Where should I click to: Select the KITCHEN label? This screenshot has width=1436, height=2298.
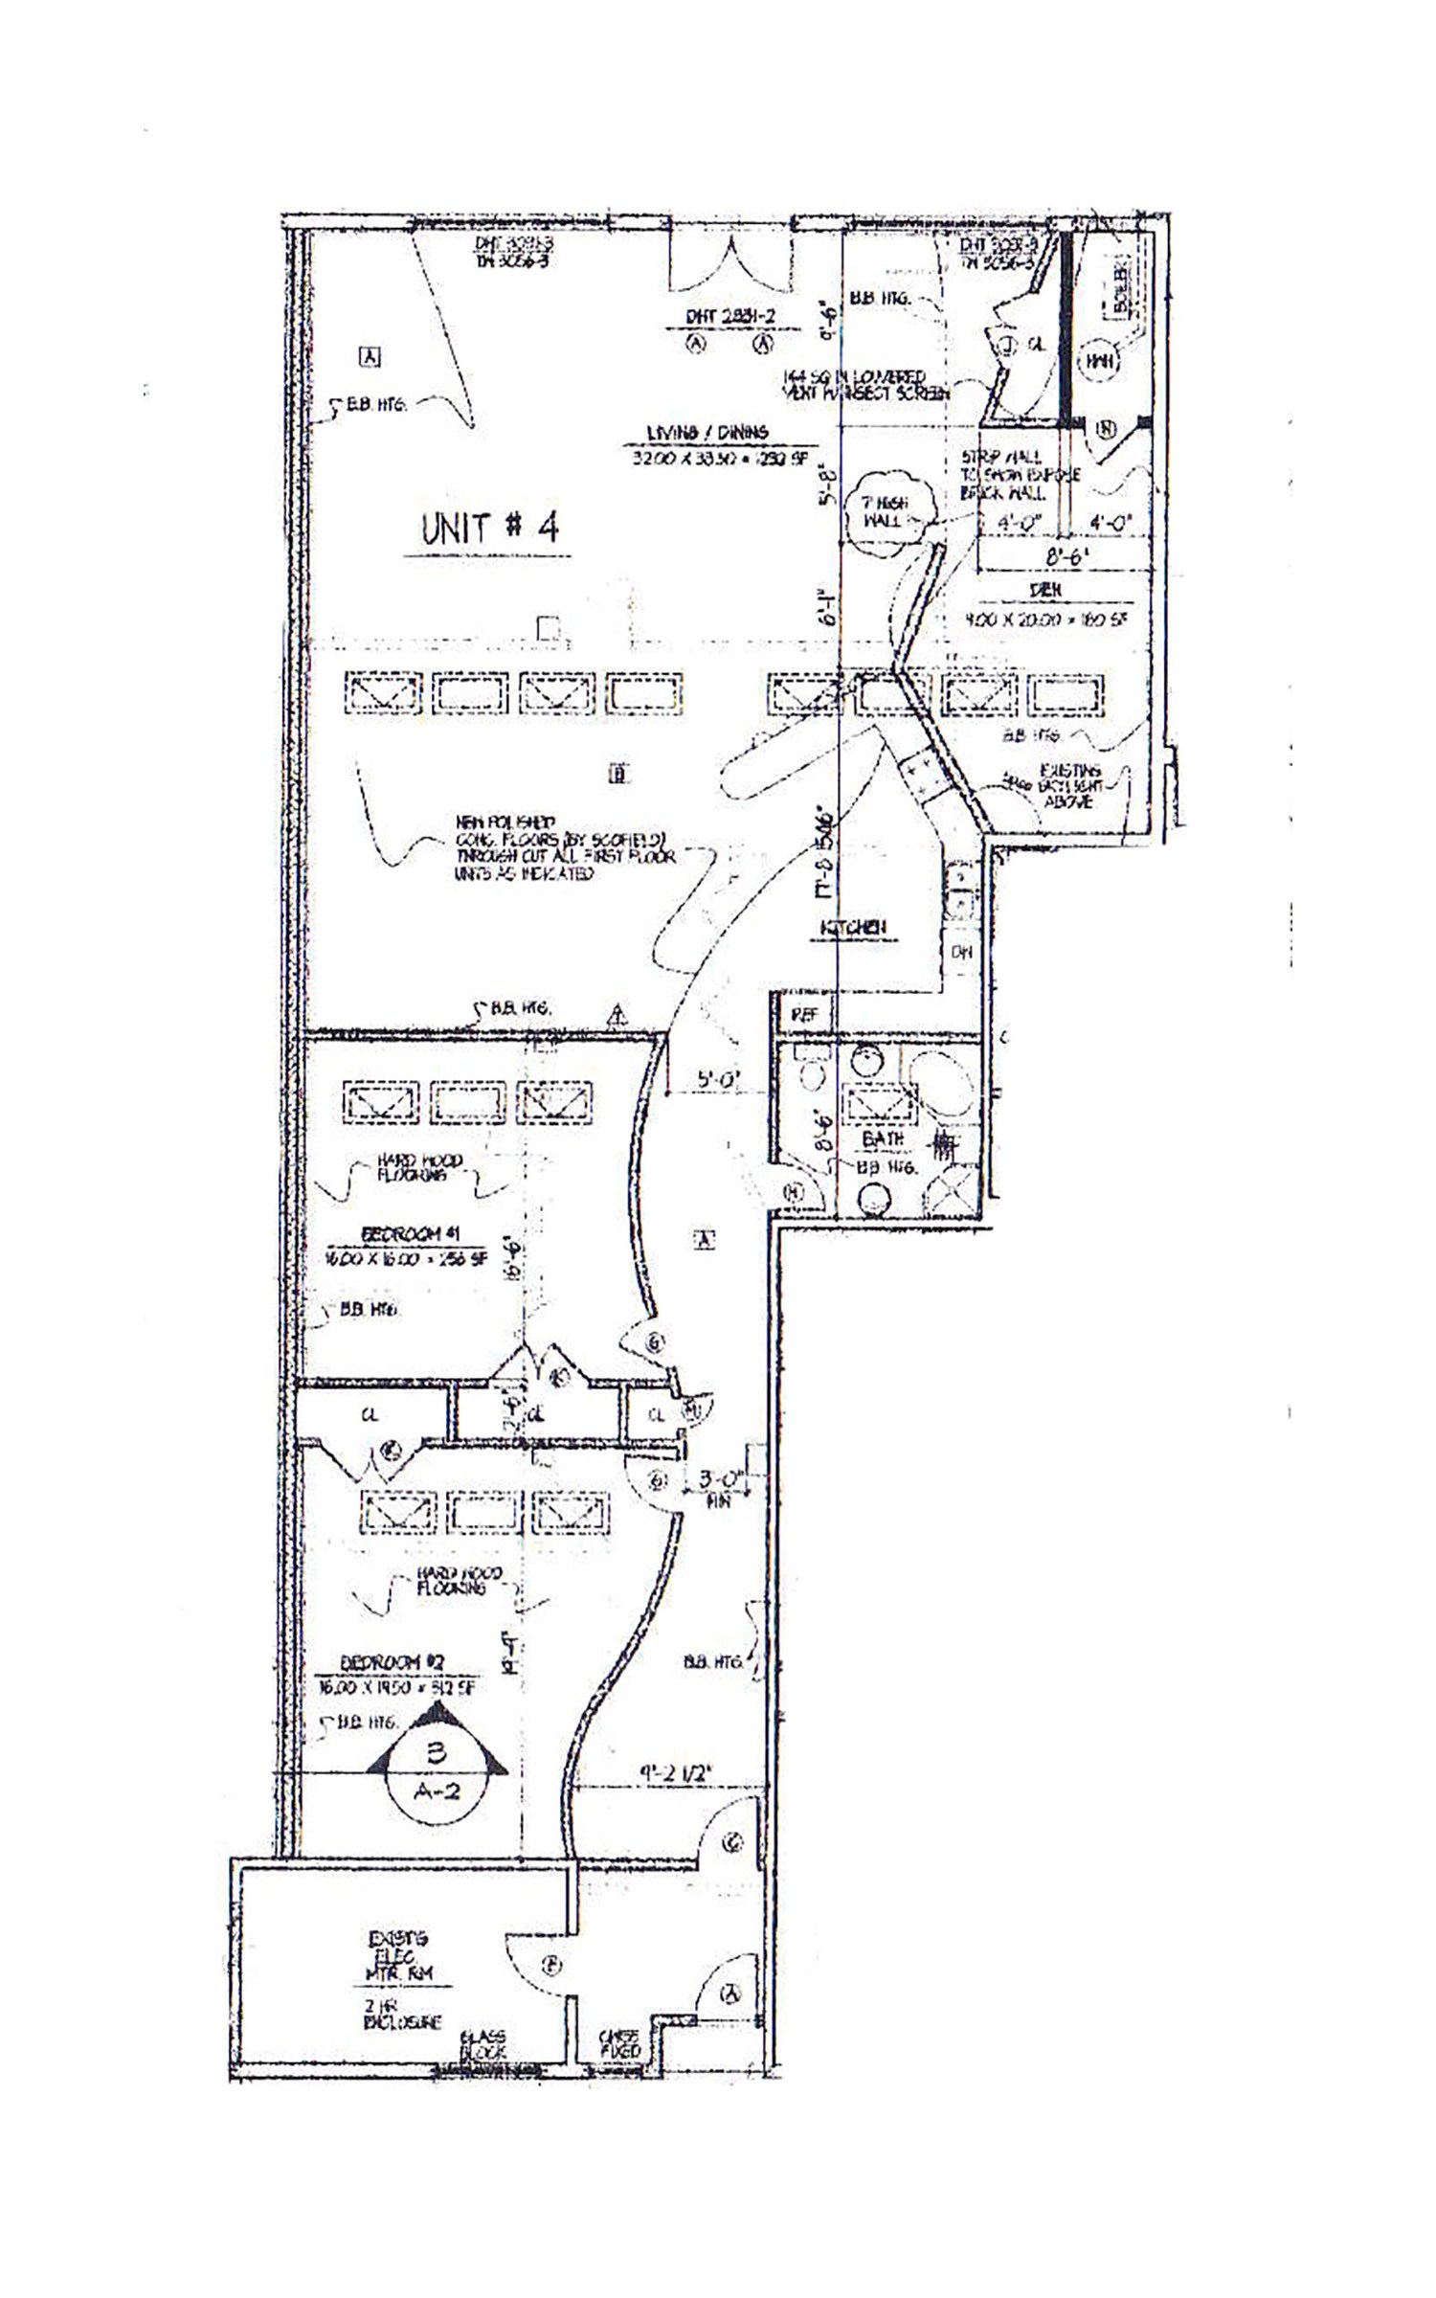click(852, 927)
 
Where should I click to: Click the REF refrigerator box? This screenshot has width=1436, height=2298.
click(805, 1016)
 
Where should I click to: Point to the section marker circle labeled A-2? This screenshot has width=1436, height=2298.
click(437, 1768)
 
